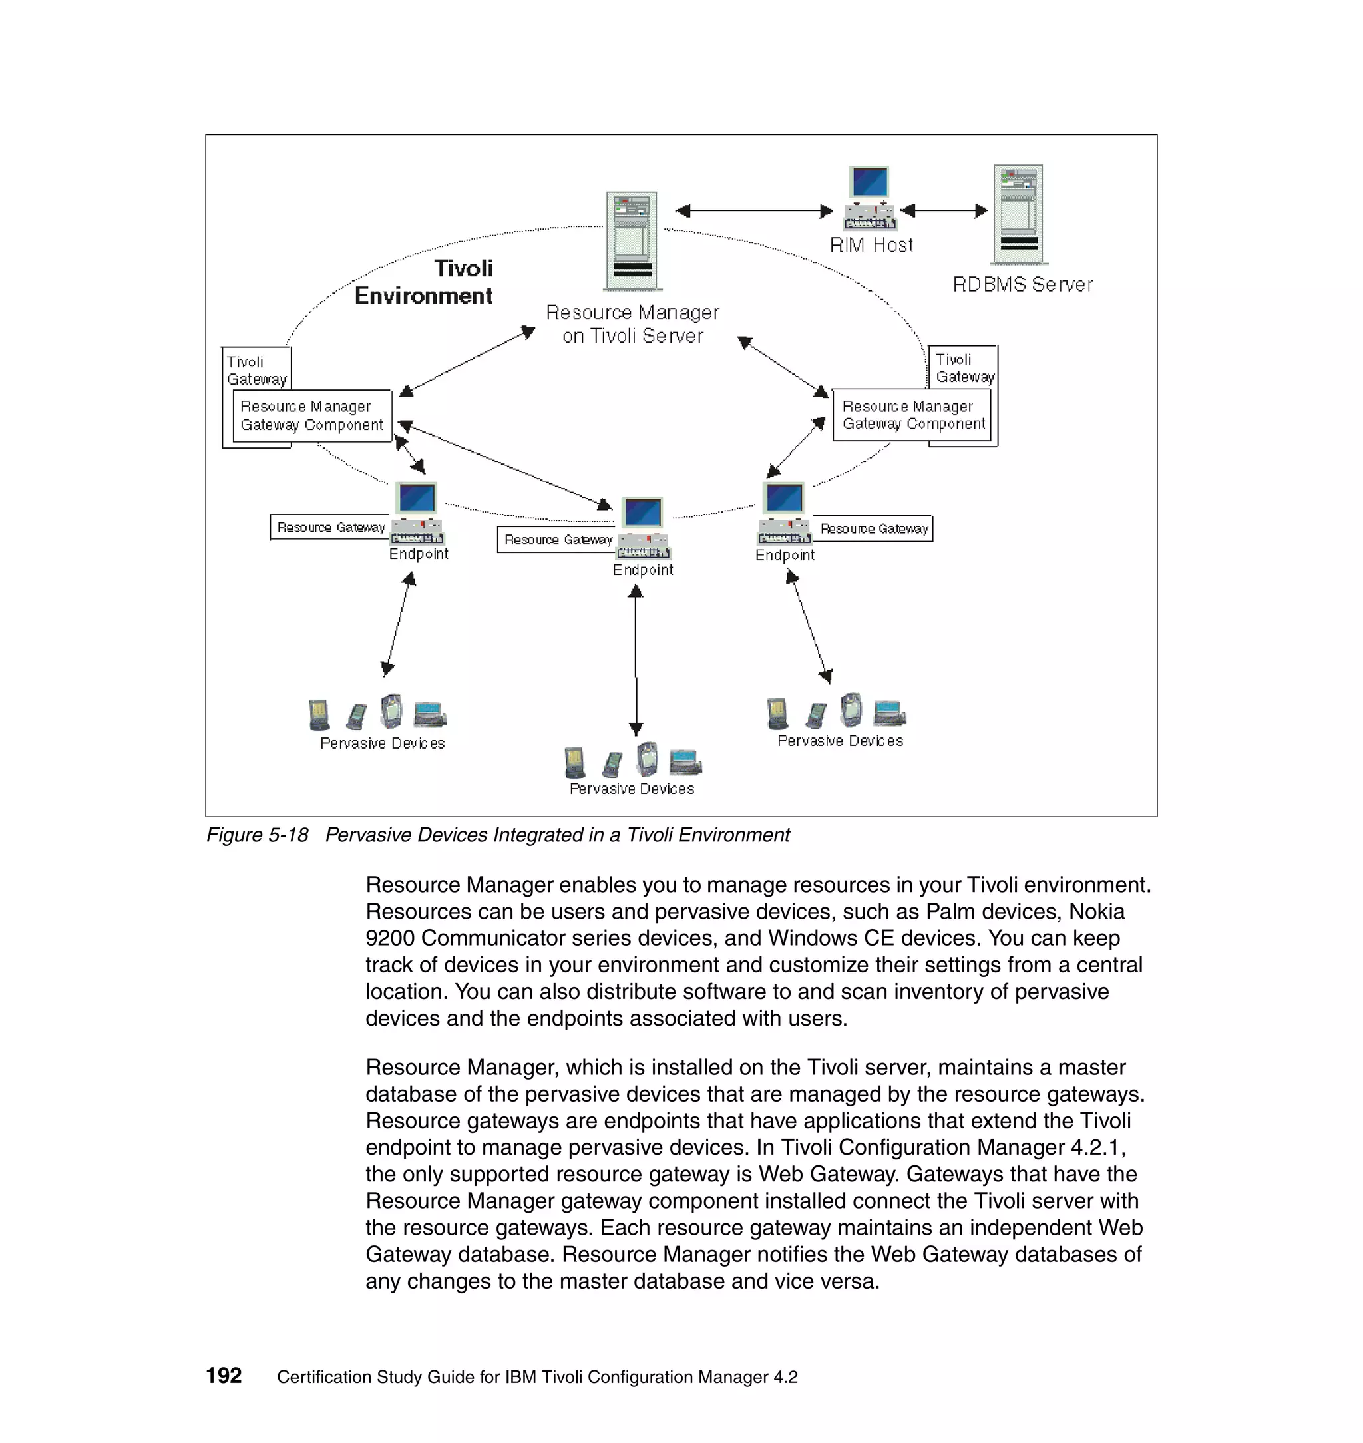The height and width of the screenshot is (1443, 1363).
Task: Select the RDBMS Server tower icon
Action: point(1019,214)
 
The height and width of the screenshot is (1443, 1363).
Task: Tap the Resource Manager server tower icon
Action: point(632,240)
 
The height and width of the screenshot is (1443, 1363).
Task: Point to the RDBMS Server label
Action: point(1022,284)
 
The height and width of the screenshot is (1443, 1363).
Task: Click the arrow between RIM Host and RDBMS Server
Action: point(944,211)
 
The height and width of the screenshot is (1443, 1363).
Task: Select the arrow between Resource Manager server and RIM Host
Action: point(754,211)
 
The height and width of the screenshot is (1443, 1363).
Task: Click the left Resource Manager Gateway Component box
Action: point(311,415)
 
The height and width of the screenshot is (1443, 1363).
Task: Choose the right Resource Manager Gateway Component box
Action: point(912,415)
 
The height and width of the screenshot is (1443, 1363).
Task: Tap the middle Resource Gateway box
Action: point(557,540)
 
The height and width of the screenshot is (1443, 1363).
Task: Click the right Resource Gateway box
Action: point(874,529)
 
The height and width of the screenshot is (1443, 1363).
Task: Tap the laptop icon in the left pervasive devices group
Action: point(430,714)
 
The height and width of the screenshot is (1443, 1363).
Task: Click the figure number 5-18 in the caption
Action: point(288,835)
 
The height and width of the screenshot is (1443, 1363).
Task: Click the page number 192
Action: point(224,1375)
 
